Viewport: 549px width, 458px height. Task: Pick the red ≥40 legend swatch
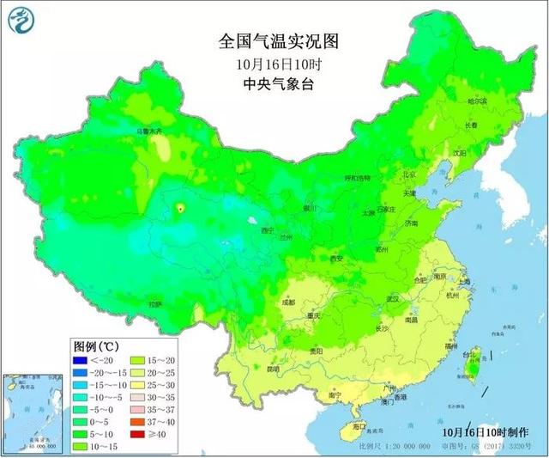[136, 435]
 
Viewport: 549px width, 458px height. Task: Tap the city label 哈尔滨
[477, 101]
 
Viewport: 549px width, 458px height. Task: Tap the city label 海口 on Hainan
[359, 425]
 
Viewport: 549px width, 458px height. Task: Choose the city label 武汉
[392, 298]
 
